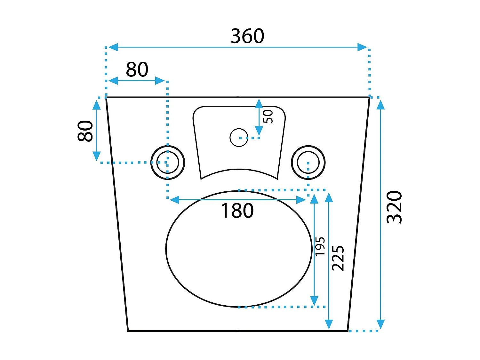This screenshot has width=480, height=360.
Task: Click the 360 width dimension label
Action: [x=247, y=36]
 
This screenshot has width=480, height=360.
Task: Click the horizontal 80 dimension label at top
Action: [x=137, y=69]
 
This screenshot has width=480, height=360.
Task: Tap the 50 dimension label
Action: [x=268, y=116]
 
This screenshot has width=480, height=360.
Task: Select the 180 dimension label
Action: [x=237, y=211]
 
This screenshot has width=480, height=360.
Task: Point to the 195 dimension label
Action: [x=320, y=246]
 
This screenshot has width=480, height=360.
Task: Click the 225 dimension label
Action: [x=338, y=258]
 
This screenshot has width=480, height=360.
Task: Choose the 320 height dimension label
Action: [x=394, y=207]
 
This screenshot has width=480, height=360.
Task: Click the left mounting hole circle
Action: [x=168, y=163]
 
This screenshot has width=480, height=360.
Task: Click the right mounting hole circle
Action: [x=308, y=163]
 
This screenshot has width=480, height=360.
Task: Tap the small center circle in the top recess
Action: [x=239, y=138]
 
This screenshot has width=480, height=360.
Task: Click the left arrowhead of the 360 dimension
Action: [x=113, y=47]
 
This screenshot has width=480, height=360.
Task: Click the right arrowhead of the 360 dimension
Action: [x=363, y=47]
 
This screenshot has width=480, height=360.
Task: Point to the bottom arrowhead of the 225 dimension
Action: [x=329, y=324]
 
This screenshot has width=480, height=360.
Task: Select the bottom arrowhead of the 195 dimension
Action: [x=314, y=301]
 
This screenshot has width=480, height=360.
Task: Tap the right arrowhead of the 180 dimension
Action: [x=301, y=200]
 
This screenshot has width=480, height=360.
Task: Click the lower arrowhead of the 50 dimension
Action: [x=259, y=131]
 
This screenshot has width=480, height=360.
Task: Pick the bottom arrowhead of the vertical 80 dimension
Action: [x=97, y=156]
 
